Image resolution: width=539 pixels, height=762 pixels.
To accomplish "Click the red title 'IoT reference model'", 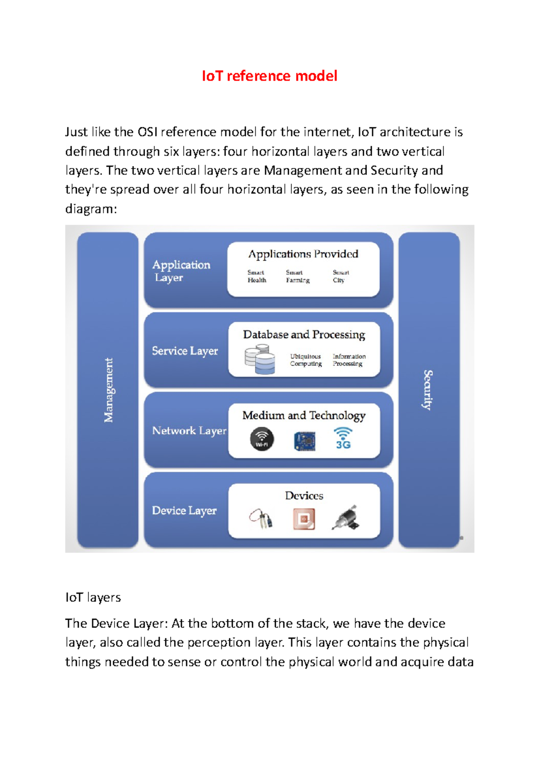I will pos(269,76).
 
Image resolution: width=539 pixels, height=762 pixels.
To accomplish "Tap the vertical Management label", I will pos(108,390).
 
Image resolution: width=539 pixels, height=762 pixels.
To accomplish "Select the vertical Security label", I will pos(429,390).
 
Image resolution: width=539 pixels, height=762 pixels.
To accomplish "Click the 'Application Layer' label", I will pos(181,271).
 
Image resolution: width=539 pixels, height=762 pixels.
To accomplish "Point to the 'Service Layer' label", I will pos(185,350).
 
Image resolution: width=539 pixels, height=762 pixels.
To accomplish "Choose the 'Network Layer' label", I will pos(189,431).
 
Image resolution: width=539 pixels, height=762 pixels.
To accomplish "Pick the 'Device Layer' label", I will pos(184,511).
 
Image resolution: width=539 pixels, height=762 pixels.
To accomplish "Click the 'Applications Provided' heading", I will pos(303,254).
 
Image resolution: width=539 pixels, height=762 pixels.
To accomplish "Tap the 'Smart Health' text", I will pos(257,276).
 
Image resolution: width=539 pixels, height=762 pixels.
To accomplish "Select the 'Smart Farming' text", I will pos(297,276).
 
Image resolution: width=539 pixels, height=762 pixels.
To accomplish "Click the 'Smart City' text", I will pos(340,276).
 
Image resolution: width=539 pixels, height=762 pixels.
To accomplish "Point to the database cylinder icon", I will pos(260,359).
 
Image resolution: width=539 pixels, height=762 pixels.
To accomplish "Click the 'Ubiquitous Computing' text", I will pos(306,360).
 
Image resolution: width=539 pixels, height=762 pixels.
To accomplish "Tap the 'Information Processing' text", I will pos(349,360).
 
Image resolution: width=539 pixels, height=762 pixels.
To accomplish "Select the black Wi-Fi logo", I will pos(262,439).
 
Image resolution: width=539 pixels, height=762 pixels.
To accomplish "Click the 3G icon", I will pos(343,439).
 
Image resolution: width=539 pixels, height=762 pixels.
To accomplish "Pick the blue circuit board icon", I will pos(305,441).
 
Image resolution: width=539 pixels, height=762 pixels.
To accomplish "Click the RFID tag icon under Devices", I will pos(304,519).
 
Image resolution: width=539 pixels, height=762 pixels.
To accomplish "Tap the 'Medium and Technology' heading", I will pos(304,416).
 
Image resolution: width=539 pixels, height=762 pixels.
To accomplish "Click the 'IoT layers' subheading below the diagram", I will pos(93,597).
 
